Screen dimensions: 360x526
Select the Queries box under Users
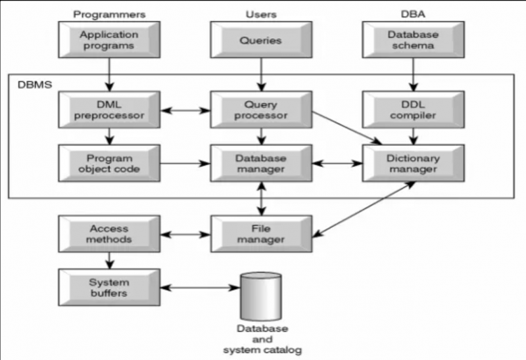point(261,40)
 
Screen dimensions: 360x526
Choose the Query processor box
point(261,110)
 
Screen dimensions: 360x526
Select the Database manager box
point(261,164)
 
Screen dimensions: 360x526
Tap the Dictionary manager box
point(413,164)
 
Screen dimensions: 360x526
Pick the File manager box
point(261,233)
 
